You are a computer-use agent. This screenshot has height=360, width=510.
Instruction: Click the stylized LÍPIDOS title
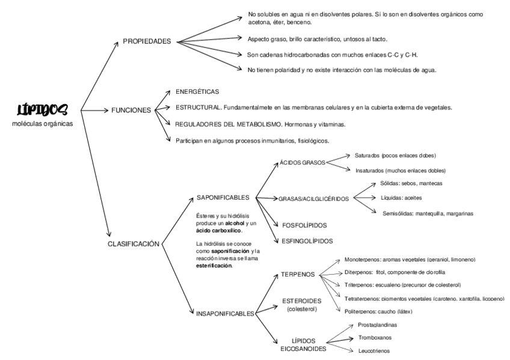coord(43,109)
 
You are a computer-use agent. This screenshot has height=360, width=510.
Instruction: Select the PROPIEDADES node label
coord(147,41)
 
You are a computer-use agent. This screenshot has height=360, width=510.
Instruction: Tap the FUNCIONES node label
coord(131,111)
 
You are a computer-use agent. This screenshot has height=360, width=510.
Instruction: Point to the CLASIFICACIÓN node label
coord(133,243)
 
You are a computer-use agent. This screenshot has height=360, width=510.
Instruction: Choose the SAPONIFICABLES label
coord(223,197)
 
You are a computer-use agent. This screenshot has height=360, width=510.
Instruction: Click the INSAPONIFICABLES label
coord(225,313)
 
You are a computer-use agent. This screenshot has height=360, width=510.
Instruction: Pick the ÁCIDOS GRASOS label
coord(302,162)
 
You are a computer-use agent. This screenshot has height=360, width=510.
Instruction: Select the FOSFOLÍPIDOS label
coord(304,225)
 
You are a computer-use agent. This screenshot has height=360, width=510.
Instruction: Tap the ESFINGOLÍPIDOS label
coord(307,241)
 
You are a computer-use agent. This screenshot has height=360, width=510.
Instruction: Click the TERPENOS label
coord(298,274)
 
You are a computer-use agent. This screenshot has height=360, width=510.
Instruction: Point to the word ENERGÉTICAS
coord(197,92)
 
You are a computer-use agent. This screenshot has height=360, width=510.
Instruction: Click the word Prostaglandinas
coord(377,325)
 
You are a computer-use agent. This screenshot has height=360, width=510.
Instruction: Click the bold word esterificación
coord(214,265)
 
